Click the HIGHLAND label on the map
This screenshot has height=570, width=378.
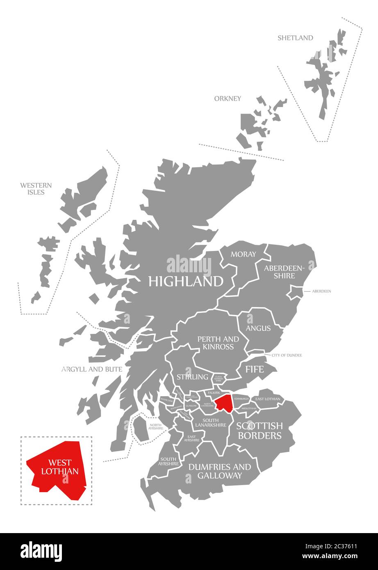tap(186, 281)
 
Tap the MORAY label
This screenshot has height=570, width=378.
tap(243, 254)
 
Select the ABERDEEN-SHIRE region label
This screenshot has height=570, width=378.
tap(285, 272)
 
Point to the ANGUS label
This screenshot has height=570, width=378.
tap(258, 328)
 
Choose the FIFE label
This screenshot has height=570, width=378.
tap(255, 369)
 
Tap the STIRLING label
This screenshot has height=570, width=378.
tap(192, 377)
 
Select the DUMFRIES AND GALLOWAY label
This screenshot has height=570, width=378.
tap(219, 471)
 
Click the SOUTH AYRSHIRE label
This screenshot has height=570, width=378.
tap(169, 461)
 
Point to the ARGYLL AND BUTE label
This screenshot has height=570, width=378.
tap(92, 369)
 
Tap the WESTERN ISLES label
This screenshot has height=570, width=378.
tap(36, 189)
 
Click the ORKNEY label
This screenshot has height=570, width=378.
tap(228, 98)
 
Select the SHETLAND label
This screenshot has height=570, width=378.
tap(295, 38)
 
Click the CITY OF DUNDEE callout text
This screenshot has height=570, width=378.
tap(286, 355)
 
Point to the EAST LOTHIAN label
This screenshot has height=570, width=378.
tap(268, 399)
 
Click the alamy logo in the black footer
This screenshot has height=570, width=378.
tap(41, 550)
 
